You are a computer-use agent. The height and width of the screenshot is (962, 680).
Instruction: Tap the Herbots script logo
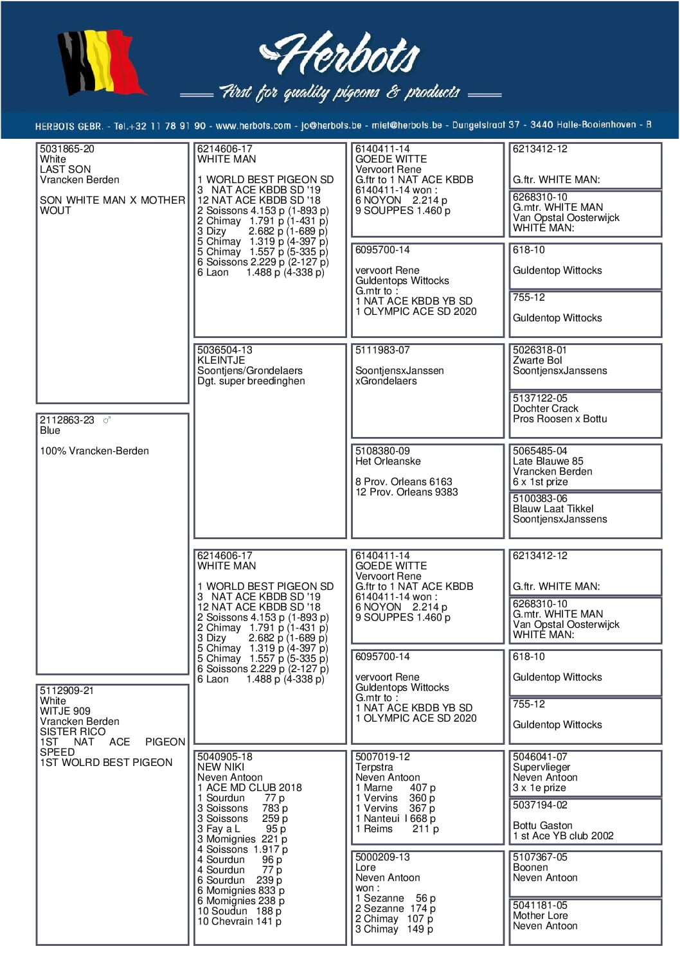(341, 55)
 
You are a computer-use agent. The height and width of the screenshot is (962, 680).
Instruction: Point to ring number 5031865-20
(67, 149)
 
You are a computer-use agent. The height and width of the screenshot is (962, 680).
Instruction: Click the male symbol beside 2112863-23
(107, 420)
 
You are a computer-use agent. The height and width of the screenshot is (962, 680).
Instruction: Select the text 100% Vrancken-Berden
(94, 451)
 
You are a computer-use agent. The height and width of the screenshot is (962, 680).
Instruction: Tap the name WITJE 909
(65, 711)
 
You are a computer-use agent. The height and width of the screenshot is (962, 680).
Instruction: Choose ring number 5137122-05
(540, 398)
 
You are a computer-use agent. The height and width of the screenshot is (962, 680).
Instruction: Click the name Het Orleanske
(388, 461)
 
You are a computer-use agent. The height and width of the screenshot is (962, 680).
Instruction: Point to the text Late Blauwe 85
(548, 461)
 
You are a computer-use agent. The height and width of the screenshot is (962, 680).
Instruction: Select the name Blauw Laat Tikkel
(553, 509)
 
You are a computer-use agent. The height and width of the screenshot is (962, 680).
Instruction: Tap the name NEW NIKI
(220, 767)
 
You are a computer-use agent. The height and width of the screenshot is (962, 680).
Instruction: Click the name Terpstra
(374, 767)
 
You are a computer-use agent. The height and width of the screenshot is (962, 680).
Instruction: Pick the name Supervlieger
(541, 767)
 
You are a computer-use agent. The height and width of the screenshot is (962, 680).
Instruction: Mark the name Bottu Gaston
(542, 826)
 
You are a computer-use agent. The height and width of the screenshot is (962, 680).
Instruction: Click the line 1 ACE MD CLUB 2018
(249, 788)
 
